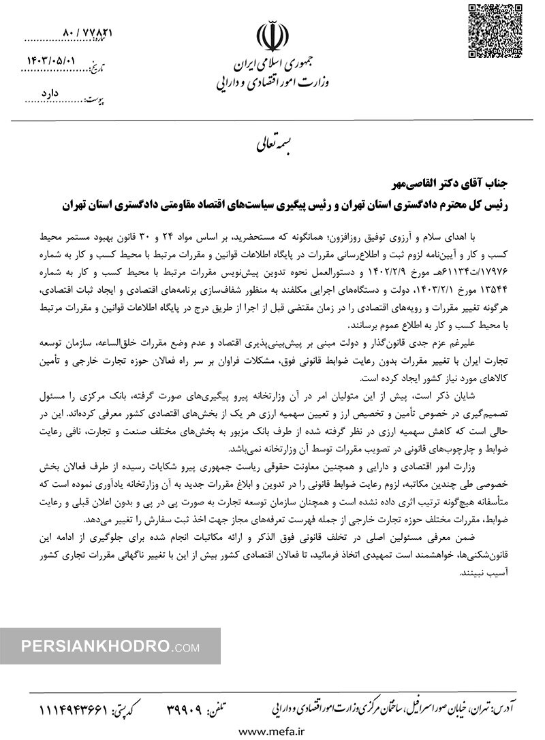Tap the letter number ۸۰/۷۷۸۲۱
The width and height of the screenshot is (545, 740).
point(87,33)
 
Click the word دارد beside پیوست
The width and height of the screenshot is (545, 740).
point(52,100)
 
